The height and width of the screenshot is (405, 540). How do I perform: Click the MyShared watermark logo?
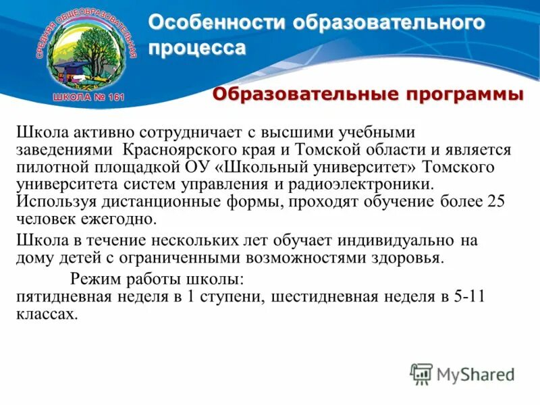click(462, 373)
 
